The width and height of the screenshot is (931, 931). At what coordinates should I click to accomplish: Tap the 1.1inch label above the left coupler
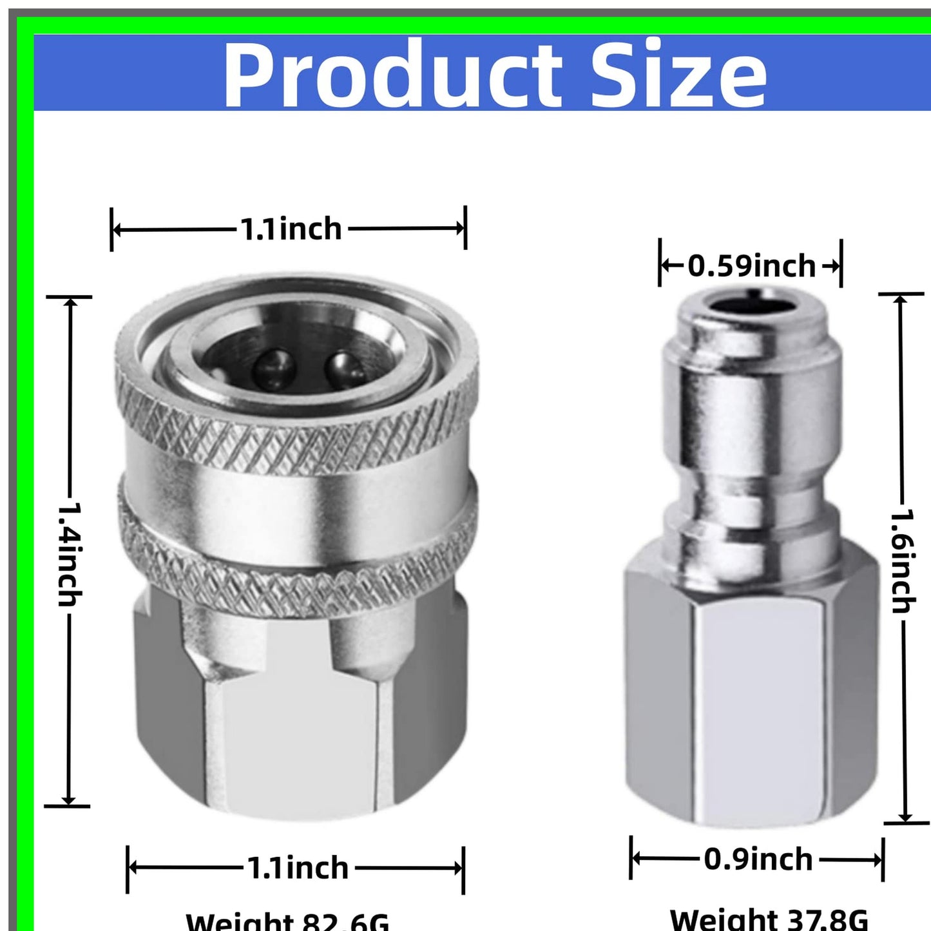(x=291, y=229)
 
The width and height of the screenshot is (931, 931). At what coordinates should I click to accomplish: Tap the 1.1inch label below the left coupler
(x=298, y=868)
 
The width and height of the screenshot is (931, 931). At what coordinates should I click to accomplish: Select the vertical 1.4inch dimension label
(x=69, y=554)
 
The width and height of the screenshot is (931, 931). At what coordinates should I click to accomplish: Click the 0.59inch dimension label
(x=751, y=266)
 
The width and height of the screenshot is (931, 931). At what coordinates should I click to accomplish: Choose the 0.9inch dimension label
(x=758, y=859)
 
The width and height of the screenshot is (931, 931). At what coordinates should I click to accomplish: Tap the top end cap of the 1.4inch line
(x=69, y=297)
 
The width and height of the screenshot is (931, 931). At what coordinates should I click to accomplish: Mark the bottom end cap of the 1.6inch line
(x=905, y=823)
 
